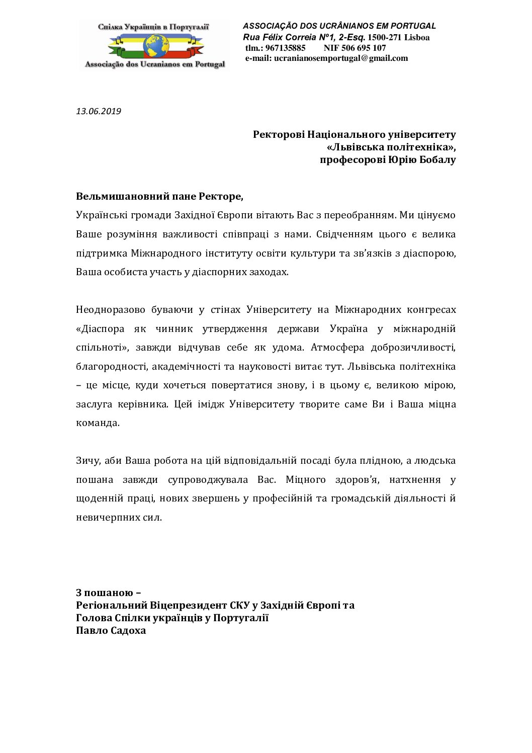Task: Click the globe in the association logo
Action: pyautogui.click(x=156, y=45)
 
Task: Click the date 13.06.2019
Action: pyautogui.click(x=99, y=111)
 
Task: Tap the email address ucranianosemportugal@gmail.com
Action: pyautogui.click(x=341, y=58)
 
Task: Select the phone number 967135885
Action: pyautogui.click(x=285, y=48)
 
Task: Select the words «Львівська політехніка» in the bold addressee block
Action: pyautogui.click(x=391, y=147)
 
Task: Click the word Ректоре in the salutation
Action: pyautogui.click(x=221, y=196)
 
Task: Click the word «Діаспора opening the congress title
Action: pyautogui.click(x=100, y=329)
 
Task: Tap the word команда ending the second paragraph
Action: pyautogui.click(x=98, y=423)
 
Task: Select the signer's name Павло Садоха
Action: pyautogui.click(x=111, y=630)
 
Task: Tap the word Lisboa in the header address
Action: pyautogui.click(x=417, y=37)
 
